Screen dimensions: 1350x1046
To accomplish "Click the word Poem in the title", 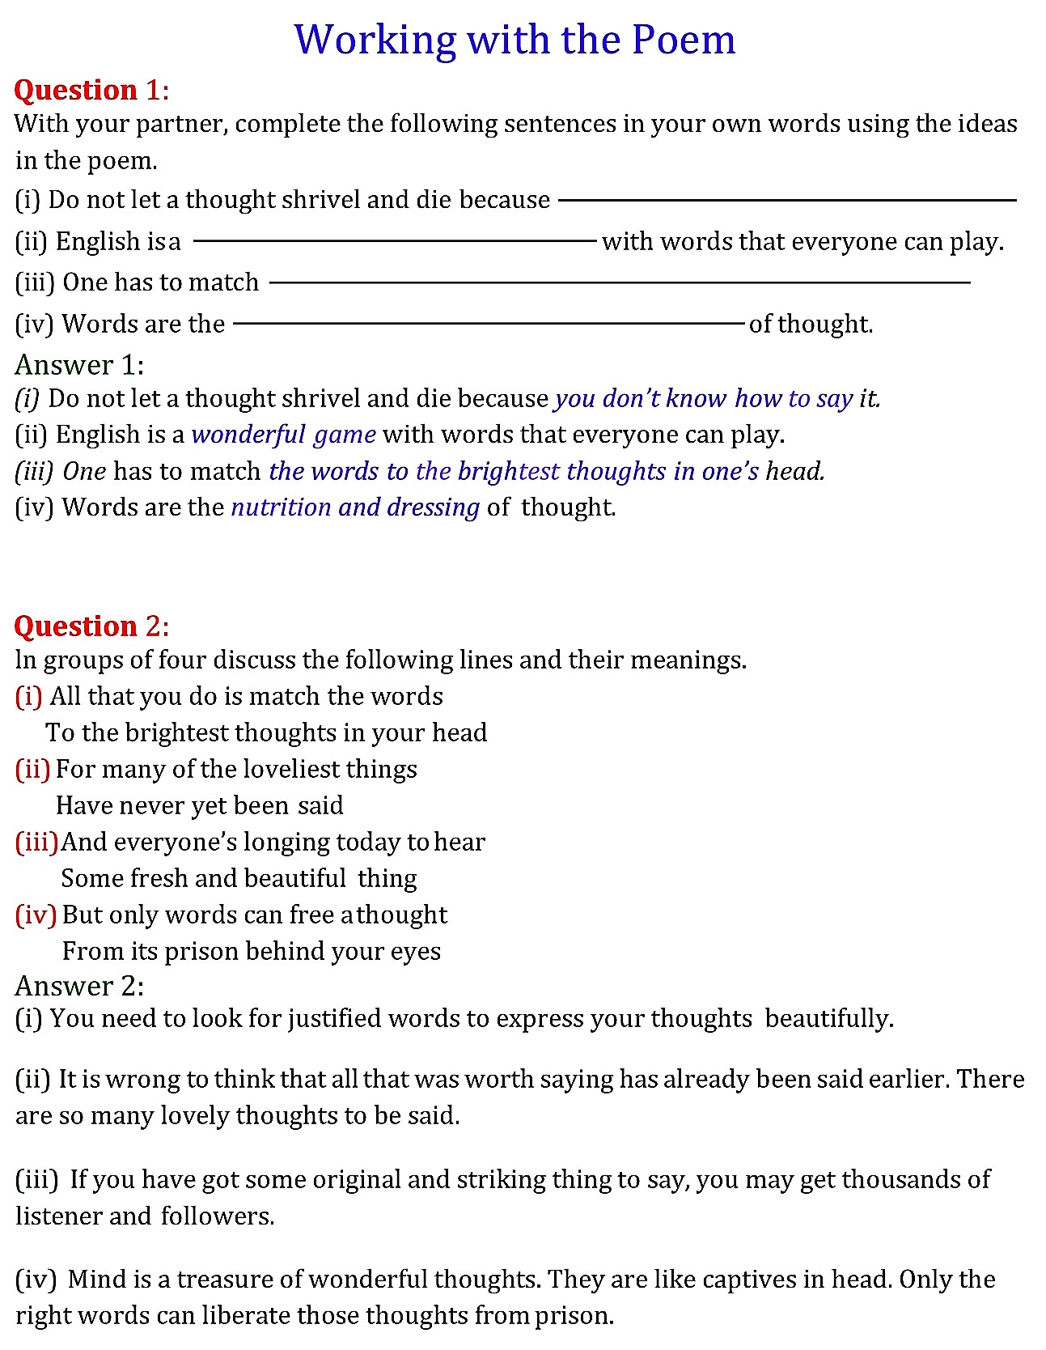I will (684, 39).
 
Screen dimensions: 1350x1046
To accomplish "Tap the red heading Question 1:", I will (91, 90).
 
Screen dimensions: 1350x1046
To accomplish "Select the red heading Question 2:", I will (91, 626).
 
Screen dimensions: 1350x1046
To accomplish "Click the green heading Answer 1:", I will (79, 365).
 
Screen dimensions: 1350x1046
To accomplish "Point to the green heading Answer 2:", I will (79, 986).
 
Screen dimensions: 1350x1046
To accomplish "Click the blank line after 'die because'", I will (786, 200).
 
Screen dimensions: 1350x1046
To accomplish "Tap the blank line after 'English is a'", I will (395, 241).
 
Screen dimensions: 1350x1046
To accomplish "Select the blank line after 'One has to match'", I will (619, 282).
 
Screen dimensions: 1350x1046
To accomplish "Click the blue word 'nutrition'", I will (281, 507).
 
